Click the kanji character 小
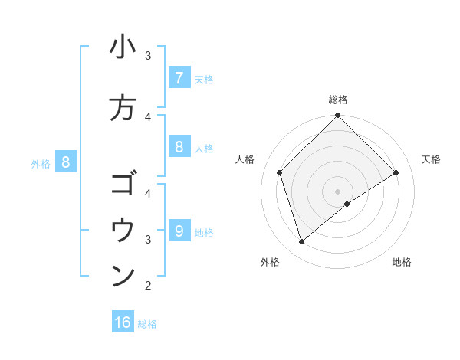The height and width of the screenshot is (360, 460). coord(123,47)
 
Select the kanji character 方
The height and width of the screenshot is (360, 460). coord(123,108)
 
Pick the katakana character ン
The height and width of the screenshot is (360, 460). coord(123,277)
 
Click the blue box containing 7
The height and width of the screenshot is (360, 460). coord(179,77)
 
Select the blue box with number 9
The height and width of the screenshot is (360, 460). coord(179,231)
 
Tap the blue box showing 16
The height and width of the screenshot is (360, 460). coord(123,322)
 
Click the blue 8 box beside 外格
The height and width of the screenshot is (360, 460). coord(66,162)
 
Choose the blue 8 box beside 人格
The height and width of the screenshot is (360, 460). coord(179,147)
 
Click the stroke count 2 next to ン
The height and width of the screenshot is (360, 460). coord(148,286)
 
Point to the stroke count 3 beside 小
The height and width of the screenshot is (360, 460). coord(148,56)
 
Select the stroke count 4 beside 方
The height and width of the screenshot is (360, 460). coord(148,116)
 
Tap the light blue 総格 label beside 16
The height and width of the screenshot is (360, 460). coord(147,324)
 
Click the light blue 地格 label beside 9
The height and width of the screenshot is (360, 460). coord(204,233)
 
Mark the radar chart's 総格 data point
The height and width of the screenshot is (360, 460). coord(337,116)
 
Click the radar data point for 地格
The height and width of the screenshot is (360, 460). coord(347,204)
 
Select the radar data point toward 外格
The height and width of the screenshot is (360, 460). coord(302,242)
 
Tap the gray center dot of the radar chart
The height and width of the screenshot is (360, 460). coord(337,191)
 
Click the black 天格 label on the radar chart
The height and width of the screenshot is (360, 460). coord(431,159)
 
